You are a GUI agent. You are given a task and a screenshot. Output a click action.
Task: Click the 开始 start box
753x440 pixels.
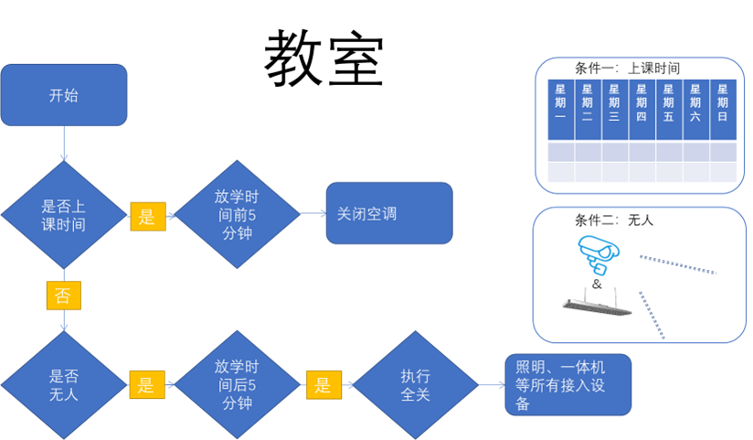point(64,94)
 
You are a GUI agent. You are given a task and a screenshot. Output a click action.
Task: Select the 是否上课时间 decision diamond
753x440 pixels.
point(64,216)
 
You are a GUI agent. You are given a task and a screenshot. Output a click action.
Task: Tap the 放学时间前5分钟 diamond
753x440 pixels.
point(237,216)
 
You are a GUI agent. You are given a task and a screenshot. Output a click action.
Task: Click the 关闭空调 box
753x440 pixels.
point(388,213)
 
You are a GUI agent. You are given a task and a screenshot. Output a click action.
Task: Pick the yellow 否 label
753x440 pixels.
point(63,295)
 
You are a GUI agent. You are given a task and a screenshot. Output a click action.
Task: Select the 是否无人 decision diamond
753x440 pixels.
point(64,384)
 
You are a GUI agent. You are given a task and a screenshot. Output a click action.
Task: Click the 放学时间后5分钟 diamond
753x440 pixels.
point(237,384)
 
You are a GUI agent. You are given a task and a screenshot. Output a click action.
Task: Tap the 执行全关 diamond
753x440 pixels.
point(416,385)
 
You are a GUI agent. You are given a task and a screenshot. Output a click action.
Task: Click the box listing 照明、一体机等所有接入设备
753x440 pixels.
point(567,384)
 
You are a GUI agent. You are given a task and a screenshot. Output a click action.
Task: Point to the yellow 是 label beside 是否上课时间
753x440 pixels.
point(146,216)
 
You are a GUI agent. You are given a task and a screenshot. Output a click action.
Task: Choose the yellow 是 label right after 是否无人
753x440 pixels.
point(146,385)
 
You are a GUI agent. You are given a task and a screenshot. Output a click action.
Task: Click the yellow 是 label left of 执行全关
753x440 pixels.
point(323,385)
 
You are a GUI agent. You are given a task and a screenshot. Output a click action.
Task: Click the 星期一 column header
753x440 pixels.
point(560,103)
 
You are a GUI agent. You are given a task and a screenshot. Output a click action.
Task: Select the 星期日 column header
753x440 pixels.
point(723,103)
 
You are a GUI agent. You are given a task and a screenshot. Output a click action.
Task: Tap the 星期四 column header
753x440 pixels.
point(642,103)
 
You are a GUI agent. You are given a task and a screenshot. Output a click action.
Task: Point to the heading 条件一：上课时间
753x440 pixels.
point(627,69)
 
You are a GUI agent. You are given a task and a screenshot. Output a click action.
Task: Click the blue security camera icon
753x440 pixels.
point(596,254)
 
